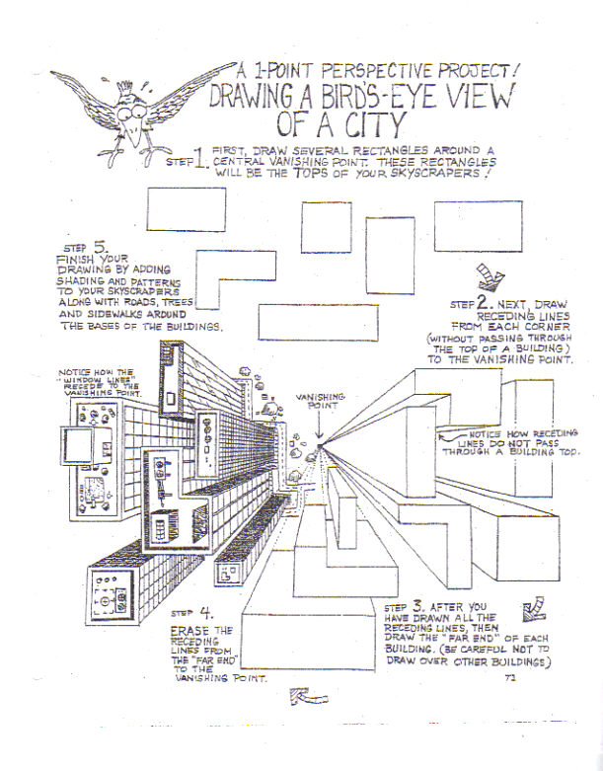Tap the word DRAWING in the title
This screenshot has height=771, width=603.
(253, 98)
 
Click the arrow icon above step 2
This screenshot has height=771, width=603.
(489, 273)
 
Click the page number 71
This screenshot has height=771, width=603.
(509, 677)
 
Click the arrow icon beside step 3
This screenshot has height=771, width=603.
(537, 603)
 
